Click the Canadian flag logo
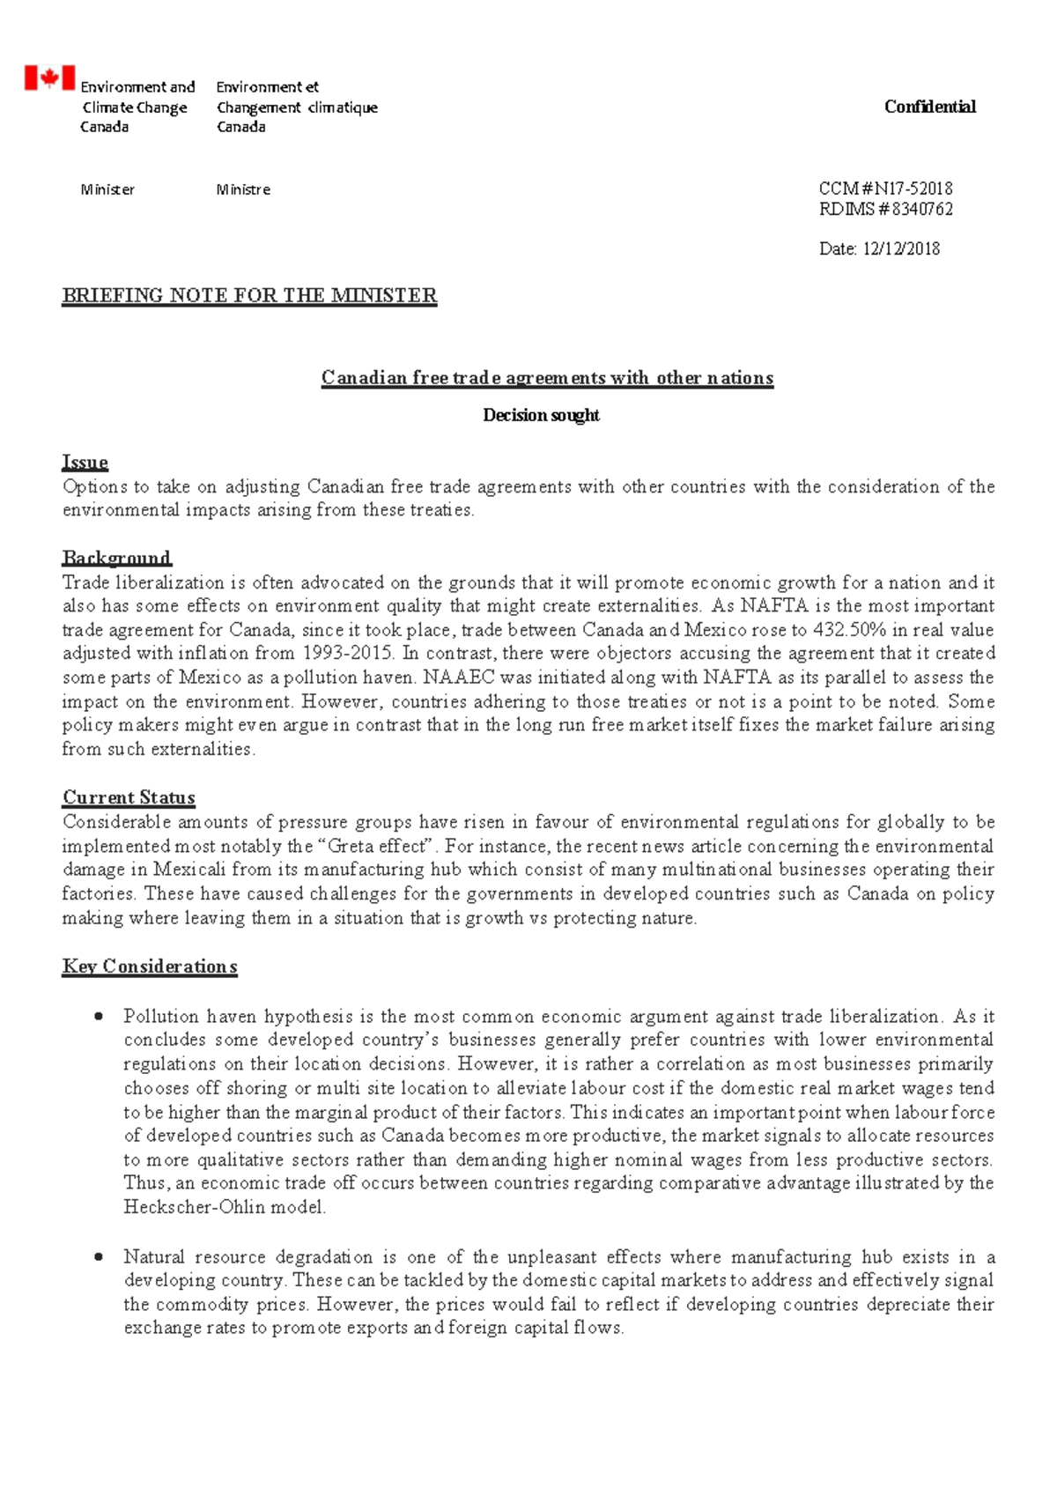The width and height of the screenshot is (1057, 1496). click(x=49, y=78)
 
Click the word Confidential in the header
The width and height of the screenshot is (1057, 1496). click(x=929, y=107)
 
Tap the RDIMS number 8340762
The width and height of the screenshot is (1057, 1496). click(x=922, y=209)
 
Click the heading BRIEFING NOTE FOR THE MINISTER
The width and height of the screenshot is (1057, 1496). click(x=249, y=295)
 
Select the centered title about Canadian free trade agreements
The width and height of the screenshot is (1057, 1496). click(x=547, y=378)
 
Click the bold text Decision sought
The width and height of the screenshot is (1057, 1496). click(x=541, y=415)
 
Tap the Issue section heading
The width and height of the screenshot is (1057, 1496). click(x=85, y=462)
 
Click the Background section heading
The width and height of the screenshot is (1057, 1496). click(x=116, y=558)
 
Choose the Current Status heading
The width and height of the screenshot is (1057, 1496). click(x=129, y=797)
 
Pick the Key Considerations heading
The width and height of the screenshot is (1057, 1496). click(x=150, y=966)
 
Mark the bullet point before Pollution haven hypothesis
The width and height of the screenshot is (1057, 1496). click(x=100, y=1016)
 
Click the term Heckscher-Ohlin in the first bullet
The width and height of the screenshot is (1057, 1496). click(x=195, y=1207)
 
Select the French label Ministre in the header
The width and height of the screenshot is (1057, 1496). click(x=243, y=189)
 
